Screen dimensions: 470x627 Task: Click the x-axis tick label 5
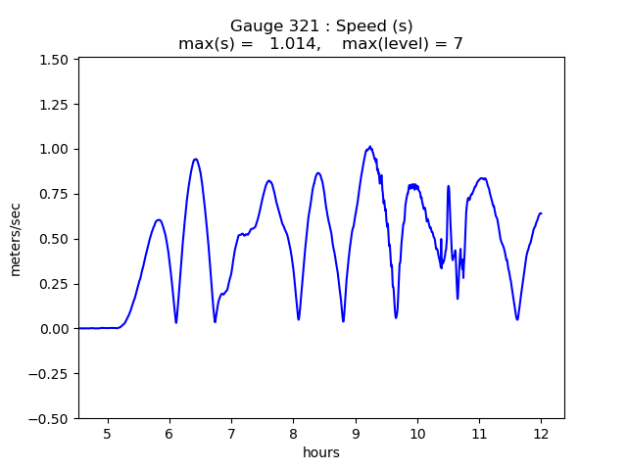click(x=108, y=433)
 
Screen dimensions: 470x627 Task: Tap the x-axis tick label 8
click(x=293, y=433)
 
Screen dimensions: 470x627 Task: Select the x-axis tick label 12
click(x=541, y=433)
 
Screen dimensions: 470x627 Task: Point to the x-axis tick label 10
click(x=417, y=433)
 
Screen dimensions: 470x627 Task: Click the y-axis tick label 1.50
click(x=53, y=60)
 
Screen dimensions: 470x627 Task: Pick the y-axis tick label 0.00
click(x=53, y=329)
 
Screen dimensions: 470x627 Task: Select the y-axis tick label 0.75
click(x=53, y=194)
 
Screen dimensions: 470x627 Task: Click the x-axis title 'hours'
click(x=321, y=452)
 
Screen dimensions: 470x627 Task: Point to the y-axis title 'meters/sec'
click(x=16, y=239)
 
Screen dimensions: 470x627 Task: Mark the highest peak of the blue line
click(x=369, y=147)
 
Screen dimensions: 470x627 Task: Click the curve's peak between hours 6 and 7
click(x=196, y=160)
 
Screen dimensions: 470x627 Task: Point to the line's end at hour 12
click(x=541, y=213)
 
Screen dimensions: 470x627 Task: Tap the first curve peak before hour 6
click(x=159, y=220)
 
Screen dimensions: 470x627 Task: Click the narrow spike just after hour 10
click(x=449, y=186)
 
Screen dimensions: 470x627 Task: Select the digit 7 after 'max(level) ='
click(x=458, y=44)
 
